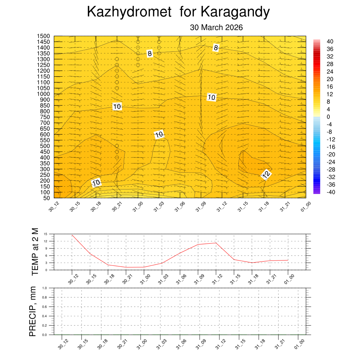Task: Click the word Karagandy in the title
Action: point(235,12)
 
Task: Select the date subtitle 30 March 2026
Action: point(216,27)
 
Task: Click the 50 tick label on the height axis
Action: point(46,198)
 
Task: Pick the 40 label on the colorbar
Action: point(330,41)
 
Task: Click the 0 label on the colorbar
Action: point(328,117)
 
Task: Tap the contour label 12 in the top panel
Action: point(266,174)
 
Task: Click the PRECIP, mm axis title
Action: point(33,311)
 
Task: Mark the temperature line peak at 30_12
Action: point(72,235)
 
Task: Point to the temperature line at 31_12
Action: point(216,243)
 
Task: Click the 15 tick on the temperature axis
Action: point(46,234)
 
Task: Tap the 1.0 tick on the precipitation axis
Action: point(45,288)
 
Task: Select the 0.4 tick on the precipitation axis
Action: point(45,316)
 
